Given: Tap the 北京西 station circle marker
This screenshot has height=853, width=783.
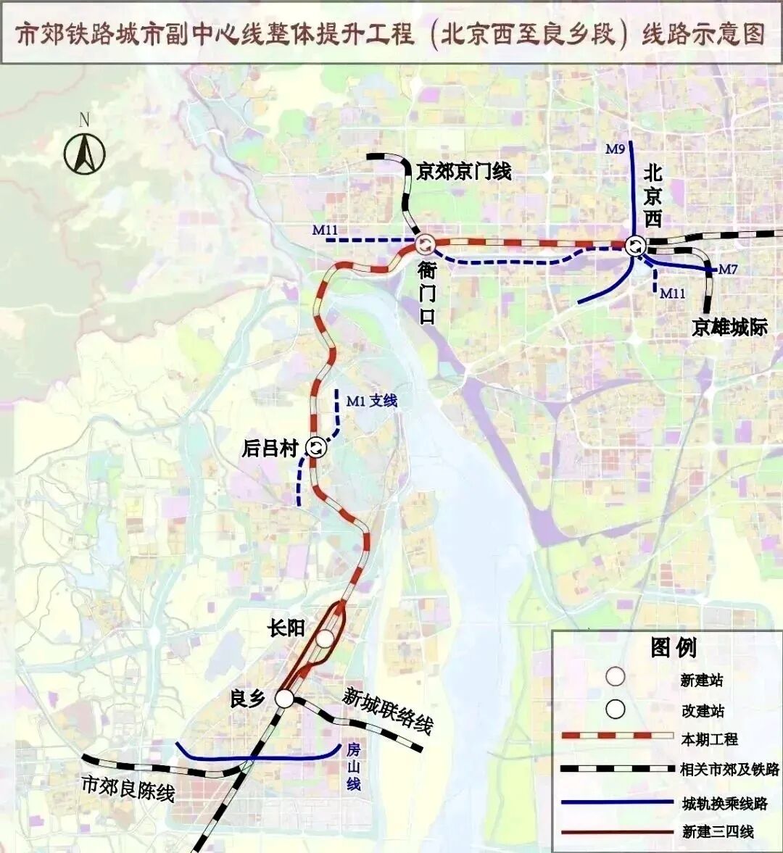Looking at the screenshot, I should point(636,245).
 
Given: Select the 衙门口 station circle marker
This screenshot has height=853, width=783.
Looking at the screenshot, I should point(425,245).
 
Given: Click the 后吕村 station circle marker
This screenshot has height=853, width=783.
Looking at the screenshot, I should point(316,447).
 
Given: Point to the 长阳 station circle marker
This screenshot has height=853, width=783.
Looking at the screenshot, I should point(326,638).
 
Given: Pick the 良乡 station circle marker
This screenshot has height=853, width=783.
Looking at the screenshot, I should point(284,698).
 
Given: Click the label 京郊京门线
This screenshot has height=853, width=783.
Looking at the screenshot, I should point(464,171).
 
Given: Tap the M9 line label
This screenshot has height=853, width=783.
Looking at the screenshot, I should point(615,149).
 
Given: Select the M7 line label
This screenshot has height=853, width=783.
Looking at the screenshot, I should point(728,270).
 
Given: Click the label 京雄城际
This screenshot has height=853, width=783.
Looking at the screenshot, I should point(729,328).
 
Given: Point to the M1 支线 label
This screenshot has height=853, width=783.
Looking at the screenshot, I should point(372,401).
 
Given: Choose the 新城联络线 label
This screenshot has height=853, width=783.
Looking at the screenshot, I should point(388,710).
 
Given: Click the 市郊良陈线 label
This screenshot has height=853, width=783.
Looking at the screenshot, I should point(128,787).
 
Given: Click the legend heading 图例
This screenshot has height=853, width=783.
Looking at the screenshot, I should point(674,647).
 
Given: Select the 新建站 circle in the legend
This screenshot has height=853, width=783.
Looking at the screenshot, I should point(616,677).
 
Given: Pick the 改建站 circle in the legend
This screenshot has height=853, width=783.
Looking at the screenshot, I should point(616,709).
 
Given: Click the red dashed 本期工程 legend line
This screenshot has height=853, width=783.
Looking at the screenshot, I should point(617,736).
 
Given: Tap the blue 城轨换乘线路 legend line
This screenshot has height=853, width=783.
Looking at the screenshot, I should point(617,802).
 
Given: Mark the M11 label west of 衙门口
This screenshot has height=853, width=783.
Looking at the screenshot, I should point(326,230).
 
